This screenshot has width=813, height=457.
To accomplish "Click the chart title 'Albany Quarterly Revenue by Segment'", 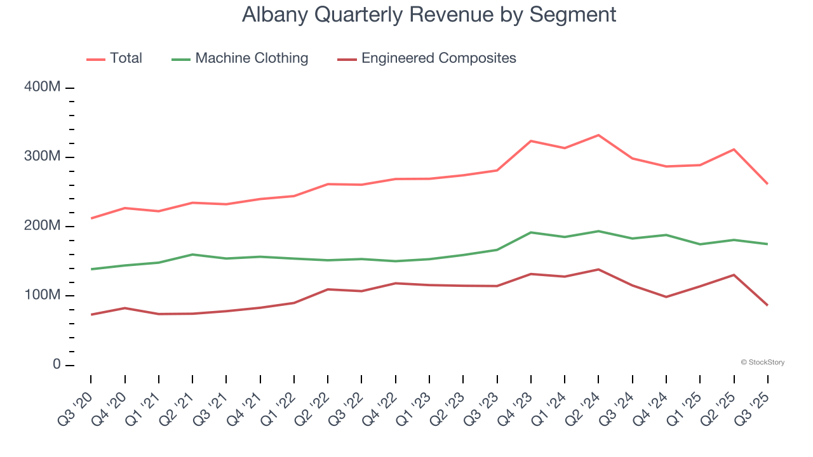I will [x=429, y=15].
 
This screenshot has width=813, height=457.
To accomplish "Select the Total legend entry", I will [x=114, y=58].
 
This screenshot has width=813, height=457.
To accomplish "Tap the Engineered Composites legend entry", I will [x=427, y=58].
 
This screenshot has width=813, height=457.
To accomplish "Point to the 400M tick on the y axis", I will [x=42, y=87].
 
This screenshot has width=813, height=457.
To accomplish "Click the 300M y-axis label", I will [x=42, y=157].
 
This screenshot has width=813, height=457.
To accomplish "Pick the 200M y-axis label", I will [x=42, y=226].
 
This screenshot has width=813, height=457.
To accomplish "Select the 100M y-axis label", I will [x=42, y=296].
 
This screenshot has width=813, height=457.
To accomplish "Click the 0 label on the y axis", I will [x=56, y=365].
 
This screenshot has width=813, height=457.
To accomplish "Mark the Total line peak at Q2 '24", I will [x=598, y=135].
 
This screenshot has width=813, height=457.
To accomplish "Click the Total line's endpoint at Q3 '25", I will [x=767, y=184].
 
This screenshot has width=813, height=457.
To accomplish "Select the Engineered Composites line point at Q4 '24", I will [x=666, y=296].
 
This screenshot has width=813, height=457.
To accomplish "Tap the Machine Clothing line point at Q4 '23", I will [x=530, y=232].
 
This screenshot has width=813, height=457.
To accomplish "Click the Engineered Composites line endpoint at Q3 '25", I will [x=767, y=305].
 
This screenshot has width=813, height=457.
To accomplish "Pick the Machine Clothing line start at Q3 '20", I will [x=91, y=269].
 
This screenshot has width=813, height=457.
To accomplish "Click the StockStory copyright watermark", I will [x=762, y=362].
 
